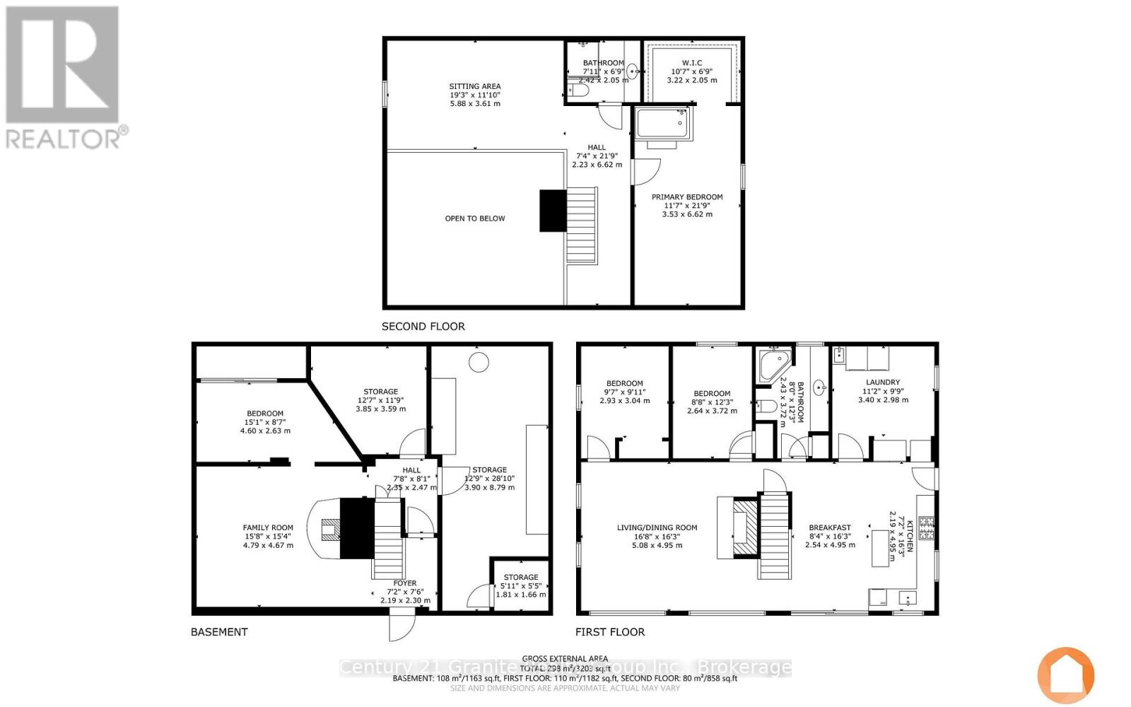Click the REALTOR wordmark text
point(66,137)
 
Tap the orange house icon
point(1065,674)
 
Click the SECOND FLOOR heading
point(423,327)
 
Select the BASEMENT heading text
point(219,632)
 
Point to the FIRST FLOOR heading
point(609,632)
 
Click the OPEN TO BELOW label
point(475,218)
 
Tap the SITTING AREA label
point(475,86)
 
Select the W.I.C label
point(692,63)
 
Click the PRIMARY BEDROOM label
point(687,197)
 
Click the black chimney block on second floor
point(553,211)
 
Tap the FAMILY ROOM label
point(268,527)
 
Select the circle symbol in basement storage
point(479,363)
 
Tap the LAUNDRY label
point(883,382)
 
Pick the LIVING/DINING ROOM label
point(657,527)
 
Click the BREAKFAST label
point(830,527)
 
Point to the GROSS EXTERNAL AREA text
point(565,658)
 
